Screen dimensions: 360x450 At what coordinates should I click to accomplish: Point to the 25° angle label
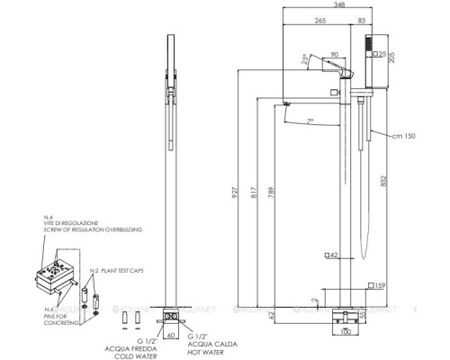(x=305, y=60)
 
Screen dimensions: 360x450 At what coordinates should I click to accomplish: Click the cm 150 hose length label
(x=401, y=135)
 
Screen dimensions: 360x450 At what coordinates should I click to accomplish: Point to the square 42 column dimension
(x=331, y=256)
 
